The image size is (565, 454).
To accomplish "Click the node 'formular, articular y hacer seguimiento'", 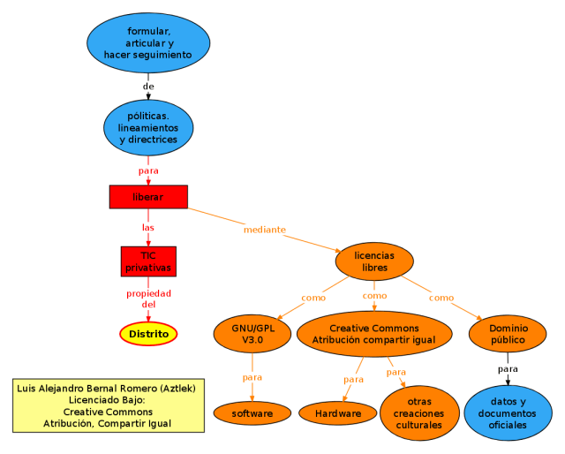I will tap(148, 43).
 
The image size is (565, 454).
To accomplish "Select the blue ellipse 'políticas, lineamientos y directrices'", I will tap(148, 127).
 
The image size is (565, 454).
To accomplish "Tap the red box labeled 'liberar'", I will tap(148, 197).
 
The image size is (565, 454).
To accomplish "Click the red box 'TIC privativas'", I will tap(148, 261).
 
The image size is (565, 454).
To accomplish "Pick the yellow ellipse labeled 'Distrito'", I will tap(148, 334).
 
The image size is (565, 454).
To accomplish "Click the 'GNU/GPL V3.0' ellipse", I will tap(252, 333).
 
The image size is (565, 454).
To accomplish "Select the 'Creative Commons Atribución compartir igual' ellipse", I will tap(374, 333).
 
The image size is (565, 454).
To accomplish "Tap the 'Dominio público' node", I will tap(508, 333).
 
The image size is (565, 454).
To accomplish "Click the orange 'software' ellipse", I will tap(252, 412).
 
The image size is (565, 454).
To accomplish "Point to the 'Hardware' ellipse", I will tap(338, 412).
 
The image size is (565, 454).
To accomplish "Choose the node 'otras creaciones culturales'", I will tap(419, 412).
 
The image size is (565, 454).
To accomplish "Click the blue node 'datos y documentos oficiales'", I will tap(508, 412).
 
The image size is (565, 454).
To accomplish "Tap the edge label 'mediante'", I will tap(265, 230).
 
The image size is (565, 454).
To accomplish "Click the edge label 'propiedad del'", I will tap(148, 299).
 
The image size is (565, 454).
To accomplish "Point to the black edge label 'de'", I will tap(148, 87).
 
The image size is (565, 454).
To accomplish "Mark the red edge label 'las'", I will tap(148, 227).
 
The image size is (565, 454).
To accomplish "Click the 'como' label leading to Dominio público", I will tap(441, 298).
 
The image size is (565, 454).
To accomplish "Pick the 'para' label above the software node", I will tap(252, 377).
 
